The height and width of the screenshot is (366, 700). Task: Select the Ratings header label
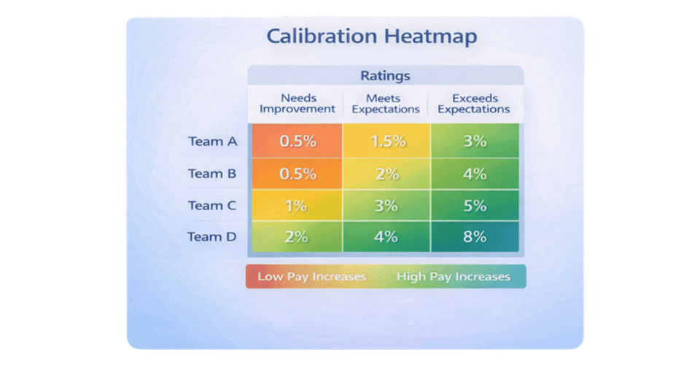click(x=385, y=76)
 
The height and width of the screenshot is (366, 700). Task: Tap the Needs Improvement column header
click(x=297, y=104)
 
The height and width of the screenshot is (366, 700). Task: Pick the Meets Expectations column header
click(x=386, y=104)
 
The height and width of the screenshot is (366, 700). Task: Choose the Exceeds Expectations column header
click(x=474, y=104)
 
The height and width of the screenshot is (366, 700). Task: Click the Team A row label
click(x=213, y=141)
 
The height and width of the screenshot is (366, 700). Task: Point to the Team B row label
click(x=213, y=174)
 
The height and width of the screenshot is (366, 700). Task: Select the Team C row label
click(x=213, y=206)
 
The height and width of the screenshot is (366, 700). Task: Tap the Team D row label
click(x=213, y=237)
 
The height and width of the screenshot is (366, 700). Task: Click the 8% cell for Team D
click(x=475, y=236)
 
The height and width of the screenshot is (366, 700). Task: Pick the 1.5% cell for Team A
click(x=387, y=141)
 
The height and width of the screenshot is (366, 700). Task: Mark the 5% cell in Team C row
click(x=475, y=206)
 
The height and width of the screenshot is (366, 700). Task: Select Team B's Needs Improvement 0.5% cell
click(x=297, y=174)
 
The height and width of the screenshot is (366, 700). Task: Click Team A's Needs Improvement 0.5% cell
click(x=297, y=141)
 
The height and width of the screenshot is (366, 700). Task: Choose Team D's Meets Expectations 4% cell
click(x=386, y=236)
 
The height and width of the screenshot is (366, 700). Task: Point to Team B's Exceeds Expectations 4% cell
click(x=475, y=174)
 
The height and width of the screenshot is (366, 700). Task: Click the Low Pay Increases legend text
click(x=311, y=277)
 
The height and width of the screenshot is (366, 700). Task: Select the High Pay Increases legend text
click(x=453, y=277)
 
